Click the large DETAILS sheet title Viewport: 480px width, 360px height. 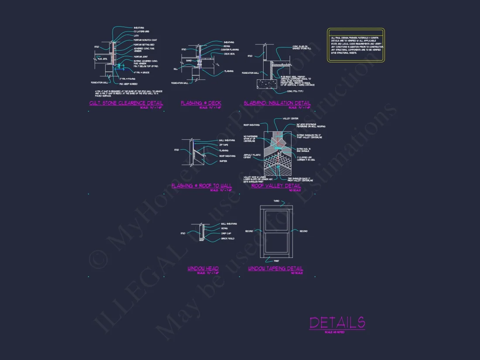pos(337,322)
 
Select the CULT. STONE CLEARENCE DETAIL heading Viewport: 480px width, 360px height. pos(126,103)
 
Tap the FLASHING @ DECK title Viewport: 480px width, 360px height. pos(201,103)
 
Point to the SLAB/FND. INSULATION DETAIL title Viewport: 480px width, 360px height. pos(277,103)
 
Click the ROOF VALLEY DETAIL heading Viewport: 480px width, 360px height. pos(276,186)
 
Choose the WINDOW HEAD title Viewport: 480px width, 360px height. pos(203,269)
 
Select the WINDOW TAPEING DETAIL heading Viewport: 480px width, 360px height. pos(275,269)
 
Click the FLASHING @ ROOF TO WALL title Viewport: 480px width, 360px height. pos(202,186)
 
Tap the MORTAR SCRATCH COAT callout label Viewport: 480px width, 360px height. pos(145,40)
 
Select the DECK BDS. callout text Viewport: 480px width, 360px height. pos(229,54)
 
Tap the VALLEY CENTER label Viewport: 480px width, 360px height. pos(291,118)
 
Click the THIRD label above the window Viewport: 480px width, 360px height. pos(276,201)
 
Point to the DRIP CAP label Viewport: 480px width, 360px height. pos(226,233)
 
